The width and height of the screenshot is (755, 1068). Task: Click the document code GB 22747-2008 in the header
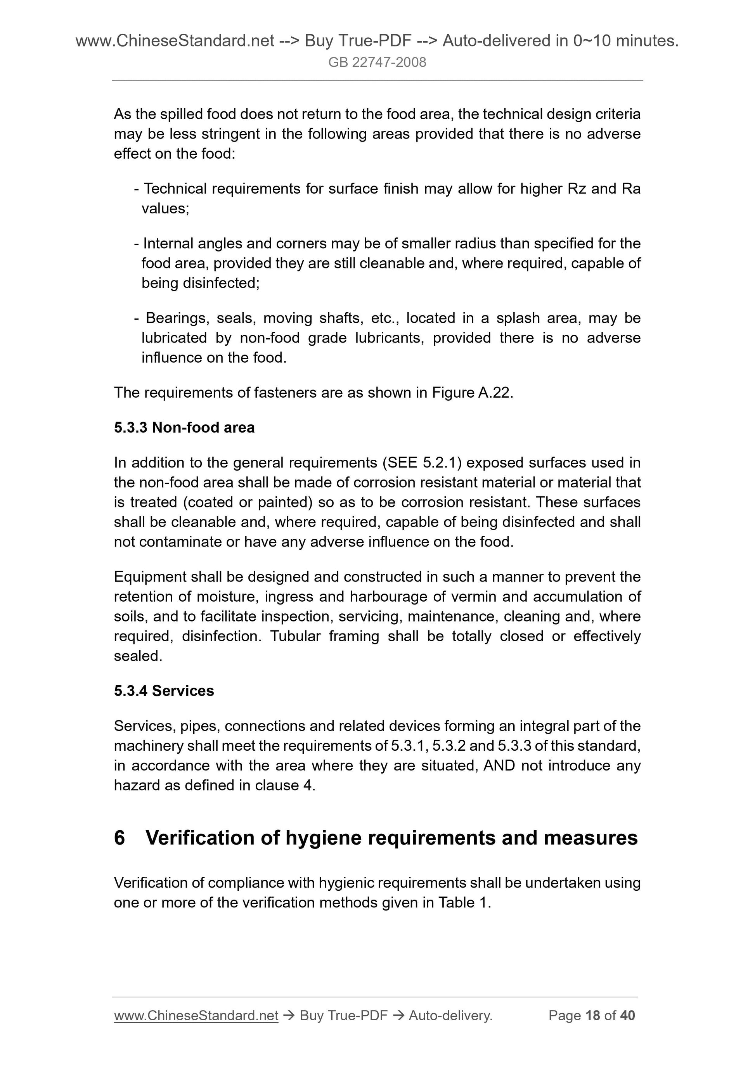click(x=377, y=62)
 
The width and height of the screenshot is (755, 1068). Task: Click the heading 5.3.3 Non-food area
click(x=184, y=428)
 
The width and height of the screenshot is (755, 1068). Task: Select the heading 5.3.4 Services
click(x=164, y=691)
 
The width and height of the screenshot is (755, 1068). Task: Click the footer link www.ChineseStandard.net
click(x=196, y=1016)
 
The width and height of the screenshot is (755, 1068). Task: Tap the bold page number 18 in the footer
click(x=593, y=1016)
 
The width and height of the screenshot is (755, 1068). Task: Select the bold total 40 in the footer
click(x=627, y=1016)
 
